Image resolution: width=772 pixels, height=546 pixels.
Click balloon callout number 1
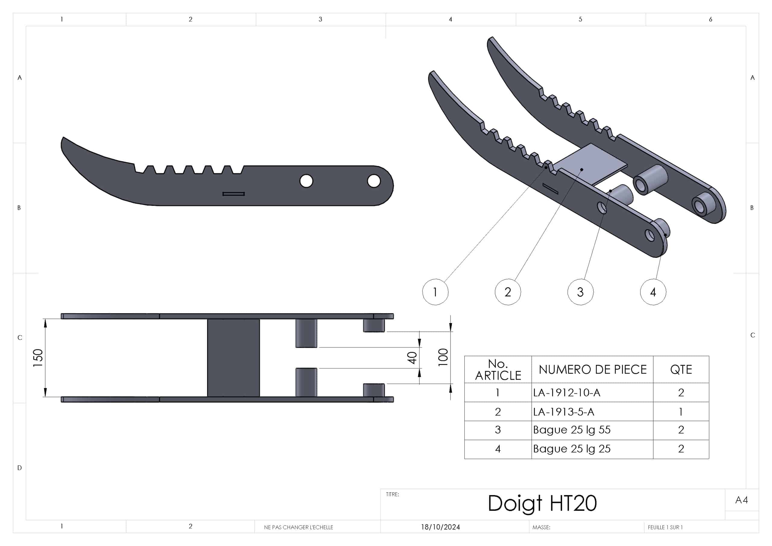(435, 292)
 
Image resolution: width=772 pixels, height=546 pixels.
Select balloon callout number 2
(508, 292)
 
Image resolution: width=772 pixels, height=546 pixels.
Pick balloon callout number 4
(653, 292)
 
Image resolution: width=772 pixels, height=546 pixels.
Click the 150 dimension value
(38, 357)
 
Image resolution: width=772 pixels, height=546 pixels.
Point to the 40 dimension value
(412, 357)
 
